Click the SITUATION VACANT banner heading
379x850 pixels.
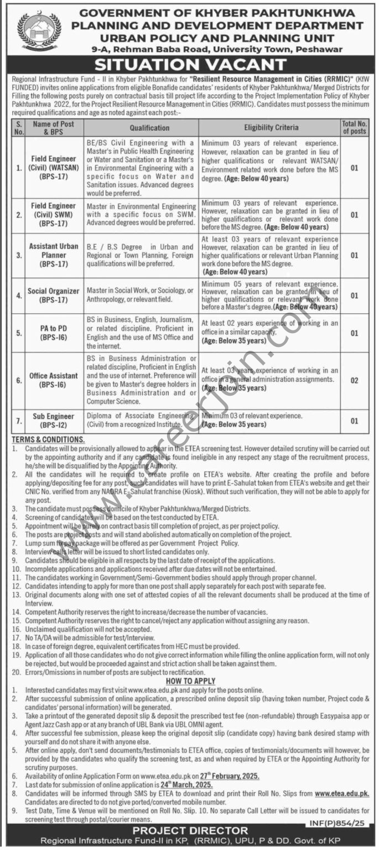[x=189, y=64]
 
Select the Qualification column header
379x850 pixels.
[x=141, y=128]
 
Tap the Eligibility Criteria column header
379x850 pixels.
[x=269, y=128]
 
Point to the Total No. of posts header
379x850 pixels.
[x=354, y=128]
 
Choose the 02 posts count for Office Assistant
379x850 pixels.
[x=354, y=380]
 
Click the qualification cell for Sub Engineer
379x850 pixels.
[x=141, y=420]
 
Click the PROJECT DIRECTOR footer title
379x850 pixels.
[x=189, y=830]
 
